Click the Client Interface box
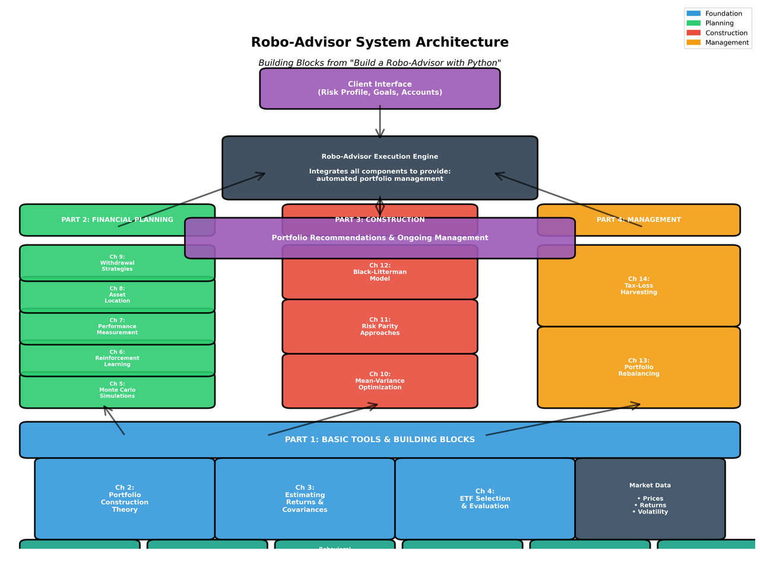(380, 88)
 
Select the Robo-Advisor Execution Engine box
(380, 168)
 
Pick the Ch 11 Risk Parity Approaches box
(380, 326)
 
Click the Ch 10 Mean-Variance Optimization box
(380, 381)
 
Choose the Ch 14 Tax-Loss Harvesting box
(639, 285)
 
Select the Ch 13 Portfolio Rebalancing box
(639, 367)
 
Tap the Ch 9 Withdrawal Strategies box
(117, 263)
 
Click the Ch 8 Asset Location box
(117, 295)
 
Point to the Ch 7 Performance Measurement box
(117, 326)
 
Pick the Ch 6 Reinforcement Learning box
(117, 358)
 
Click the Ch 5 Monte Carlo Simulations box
(117, 390)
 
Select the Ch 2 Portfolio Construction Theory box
(125, 498)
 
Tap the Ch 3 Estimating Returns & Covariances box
(305, 498)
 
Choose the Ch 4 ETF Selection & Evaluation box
(485, 498)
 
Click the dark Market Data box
(650, 498)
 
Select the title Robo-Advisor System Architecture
(380, 43)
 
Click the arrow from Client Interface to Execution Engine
(380, 122)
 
